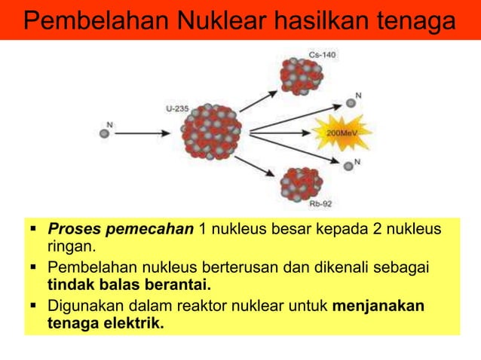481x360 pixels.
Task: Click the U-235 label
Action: [177, 109]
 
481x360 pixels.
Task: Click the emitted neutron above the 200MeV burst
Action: [349, 103]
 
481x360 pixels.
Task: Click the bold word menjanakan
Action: [378, 307]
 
